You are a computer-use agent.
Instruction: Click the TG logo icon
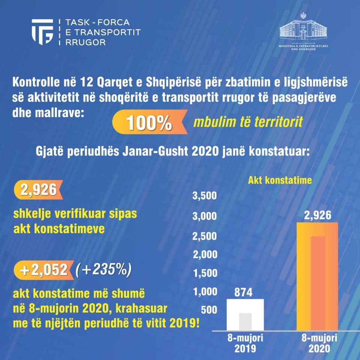pyautogui.click(x=42, y=31)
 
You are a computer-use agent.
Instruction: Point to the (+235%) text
pyautogui.click(x=103, y=269)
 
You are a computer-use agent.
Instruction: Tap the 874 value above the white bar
pyautogui.click(x=244, y=292)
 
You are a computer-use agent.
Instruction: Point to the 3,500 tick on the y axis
pyautogui.click(x=204, y=196)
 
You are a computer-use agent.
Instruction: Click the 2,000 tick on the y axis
pyautogui.click(x=204, y=255)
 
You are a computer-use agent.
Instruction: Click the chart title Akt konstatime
pyautogui.click(x=280, y=180)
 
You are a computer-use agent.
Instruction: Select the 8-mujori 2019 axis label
pyautogui.click(x=245, y=343)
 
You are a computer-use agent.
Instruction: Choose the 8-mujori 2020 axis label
pyautogui.click(x=319, y=343)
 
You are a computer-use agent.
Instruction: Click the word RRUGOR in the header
pyautogui.click(x=85, y=42)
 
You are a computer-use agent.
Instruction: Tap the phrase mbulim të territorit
pyautogui.click(x=248, y=122)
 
